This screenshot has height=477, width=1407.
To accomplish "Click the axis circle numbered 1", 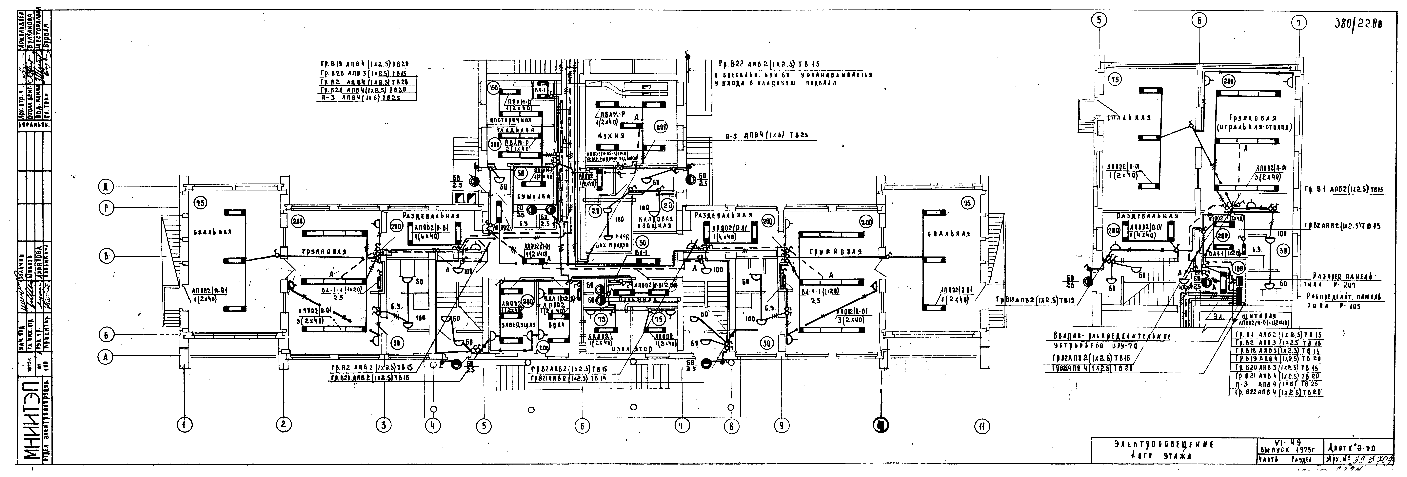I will [x=185, y=424].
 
